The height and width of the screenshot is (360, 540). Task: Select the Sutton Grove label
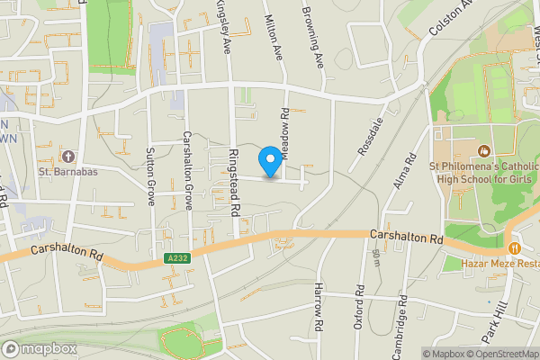click(151, 176)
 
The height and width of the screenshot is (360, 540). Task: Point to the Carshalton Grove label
click(188, 171)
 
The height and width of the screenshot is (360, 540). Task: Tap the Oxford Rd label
click(358, 306)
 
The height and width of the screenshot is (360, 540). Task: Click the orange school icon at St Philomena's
click(483, 152)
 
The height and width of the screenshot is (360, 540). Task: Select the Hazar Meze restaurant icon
click(514, 247)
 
